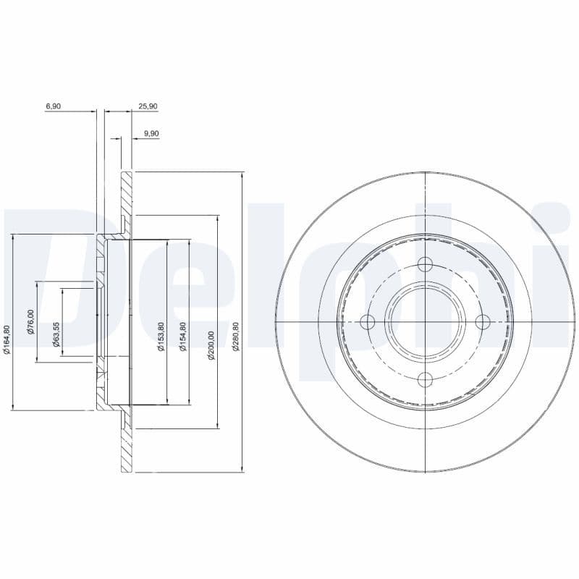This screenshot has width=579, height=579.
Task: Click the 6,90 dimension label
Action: click(53, 106)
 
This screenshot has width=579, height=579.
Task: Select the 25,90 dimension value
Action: click(148, 106)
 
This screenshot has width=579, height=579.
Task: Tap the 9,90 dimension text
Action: click(151, 133)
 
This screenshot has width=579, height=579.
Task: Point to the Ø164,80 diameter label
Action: click(7, 340)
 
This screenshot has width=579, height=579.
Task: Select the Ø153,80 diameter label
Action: click(161, 337)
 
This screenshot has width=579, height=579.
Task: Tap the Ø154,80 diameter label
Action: click(183, 337)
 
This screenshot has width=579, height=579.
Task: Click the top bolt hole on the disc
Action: click(425, 264)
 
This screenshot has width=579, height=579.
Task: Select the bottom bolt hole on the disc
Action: click(425, 378)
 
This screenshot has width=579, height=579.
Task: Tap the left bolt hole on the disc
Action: click(368, 321)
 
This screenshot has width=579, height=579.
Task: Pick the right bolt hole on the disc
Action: click(482, 321)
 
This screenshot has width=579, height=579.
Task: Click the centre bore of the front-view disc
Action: click(425, 321)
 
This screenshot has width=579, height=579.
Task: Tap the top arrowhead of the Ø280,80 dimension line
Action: click(241, 176)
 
